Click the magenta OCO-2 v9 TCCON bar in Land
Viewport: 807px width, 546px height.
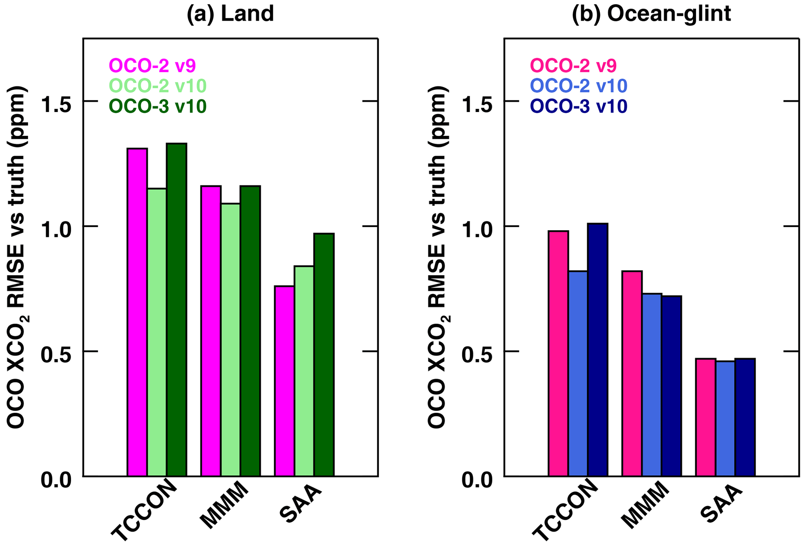point(137,312)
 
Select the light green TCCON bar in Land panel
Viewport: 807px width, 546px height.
point(157,332)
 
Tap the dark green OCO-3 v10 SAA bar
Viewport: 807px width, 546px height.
point(324,355)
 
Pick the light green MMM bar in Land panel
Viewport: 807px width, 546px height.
point(230,340)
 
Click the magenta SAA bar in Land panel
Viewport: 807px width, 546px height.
point(284,381)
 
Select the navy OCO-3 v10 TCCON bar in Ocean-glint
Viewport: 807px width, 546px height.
point(597,350)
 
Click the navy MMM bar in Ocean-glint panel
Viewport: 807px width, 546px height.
point(671,386)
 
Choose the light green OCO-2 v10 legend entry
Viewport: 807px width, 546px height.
point(157,86)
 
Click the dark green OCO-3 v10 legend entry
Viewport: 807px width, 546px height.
point(157,106)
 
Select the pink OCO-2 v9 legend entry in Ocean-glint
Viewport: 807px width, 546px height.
point(573,65)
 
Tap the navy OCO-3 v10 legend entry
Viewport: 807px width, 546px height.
point(579,106)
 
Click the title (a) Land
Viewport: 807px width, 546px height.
point(230,14)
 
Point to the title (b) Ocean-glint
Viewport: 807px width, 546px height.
point(651,14)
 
